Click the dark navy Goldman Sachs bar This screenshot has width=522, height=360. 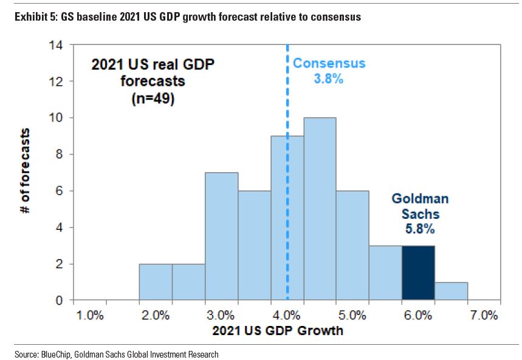click(x=417, y=273)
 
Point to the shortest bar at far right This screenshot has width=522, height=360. click(x=450, y=291)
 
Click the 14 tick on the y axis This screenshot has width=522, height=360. click(x=58, y=44)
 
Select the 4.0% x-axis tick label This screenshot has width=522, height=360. click(x=287, y=316)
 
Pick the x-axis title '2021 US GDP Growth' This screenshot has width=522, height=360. click(x=278, y=331)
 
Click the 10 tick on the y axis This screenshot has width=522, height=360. click(x=58, y=117)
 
